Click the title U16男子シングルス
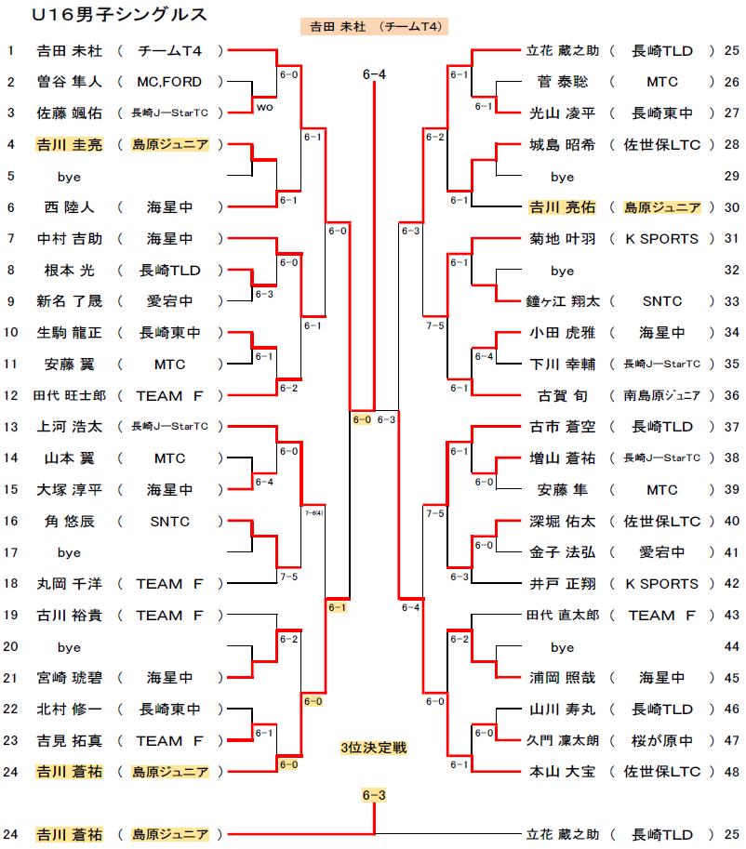coord(119,15)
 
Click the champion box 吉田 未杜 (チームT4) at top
coord(374,27)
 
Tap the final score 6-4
coord(374,74)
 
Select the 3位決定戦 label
coord(374,748)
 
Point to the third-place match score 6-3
coord(374,795)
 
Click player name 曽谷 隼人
coord(70,82)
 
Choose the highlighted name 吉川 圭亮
coord(70,144)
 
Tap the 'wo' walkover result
coord(265,107)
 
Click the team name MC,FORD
coord(169,82)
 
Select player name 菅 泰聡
coord(563,82)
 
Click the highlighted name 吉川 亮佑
coord(563,207)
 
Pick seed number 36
coord(732,396)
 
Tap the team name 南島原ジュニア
coord(662,396)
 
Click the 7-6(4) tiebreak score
coord(314,512)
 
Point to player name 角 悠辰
coord(70,522)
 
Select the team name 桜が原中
coord(662,740)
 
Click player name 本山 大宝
coord(563,772)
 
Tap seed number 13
coord(11,427)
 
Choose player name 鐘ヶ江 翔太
coord(563,301)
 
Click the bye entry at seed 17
coord(69,552)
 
